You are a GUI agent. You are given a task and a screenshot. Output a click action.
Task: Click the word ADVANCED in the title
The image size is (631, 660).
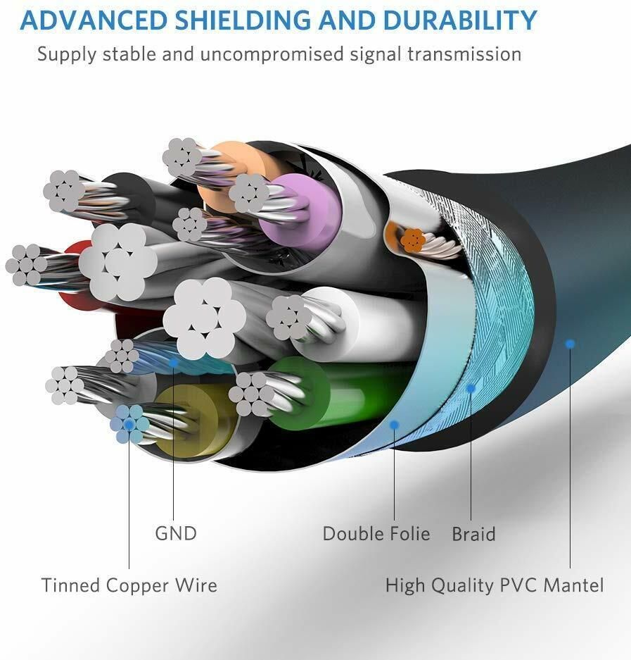click(x=90, y=20)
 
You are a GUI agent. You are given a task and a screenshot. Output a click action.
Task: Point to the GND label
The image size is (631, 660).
click(x=176, y=533)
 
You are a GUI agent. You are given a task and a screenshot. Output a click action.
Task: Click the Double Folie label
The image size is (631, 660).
click(x=376, y=533)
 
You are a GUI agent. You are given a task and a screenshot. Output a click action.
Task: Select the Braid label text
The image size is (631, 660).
click(x=473, y=534)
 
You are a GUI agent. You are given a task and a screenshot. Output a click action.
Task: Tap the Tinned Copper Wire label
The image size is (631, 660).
click(x=129, y=585)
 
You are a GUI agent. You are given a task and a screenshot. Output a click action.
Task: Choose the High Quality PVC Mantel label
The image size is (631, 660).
click(x=495, y=585)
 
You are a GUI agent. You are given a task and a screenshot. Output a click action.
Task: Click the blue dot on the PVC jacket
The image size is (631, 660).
click(x=570, y=344)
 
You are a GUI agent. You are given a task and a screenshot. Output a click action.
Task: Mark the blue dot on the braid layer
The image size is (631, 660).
click(x=471, y=388)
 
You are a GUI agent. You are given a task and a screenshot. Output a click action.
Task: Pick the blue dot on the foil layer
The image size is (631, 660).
click(x=395, y=425)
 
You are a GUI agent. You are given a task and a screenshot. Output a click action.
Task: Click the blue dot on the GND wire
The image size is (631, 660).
click(x=174, y=363)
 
